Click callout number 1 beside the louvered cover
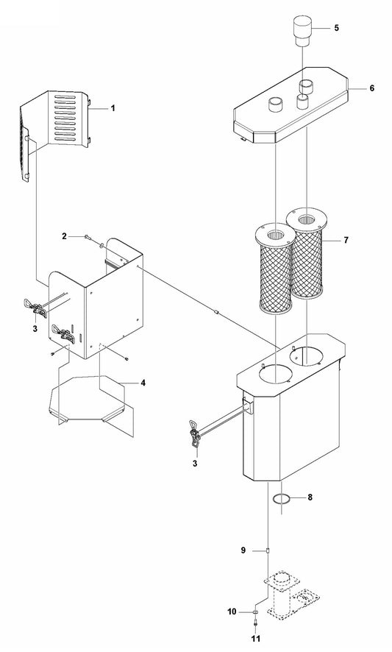pyautogui.click(x=113, y=108)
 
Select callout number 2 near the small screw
pyautogui.click(x=65, y=236)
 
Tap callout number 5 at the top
pyautogui.click(x=336, y=28)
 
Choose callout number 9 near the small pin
pyautogui.click(x=243, y=550)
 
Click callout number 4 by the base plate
pyautogui.click(x=143, y=383)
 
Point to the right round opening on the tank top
pyautogui.click(x=310, y=358)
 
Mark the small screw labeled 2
pyautogui.click(x=88, y=236)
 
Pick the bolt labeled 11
pyautogui.click(x=254, y=624)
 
